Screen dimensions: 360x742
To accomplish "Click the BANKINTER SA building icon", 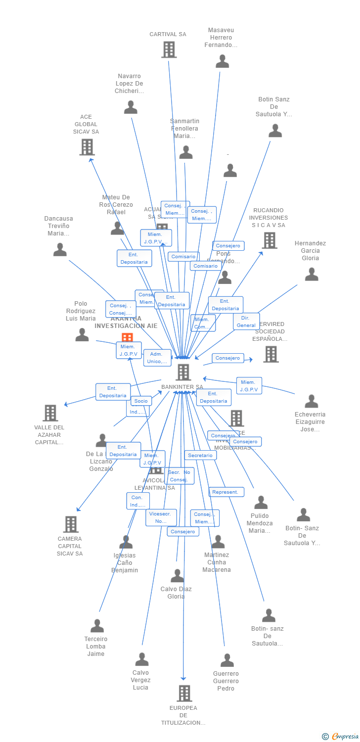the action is [183, 372].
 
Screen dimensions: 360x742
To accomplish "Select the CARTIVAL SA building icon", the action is [169, 49].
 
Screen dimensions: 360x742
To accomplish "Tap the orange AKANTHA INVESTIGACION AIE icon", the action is [127, 338].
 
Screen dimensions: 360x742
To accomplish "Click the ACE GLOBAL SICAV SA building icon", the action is [87, 147].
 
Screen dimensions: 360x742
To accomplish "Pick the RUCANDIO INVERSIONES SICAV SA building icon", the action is [270, 240].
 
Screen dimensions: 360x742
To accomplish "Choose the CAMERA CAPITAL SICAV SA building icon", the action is [71, 524].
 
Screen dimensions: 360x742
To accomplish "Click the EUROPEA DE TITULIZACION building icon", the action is [184, 693].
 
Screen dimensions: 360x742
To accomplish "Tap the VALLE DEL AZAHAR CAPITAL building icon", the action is [50, 413].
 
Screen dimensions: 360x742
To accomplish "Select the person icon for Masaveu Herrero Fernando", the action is [223, 61].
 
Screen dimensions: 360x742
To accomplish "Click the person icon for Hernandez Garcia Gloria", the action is [312, 274].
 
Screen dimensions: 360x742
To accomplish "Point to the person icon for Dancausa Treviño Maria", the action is [60, 250].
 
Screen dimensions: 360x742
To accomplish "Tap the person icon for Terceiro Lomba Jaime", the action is [97, 626].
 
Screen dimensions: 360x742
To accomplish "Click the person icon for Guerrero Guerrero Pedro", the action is [227, 660].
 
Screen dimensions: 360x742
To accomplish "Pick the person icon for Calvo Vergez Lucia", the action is [142, 659].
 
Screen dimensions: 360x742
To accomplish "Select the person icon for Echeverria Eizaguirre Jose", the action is [312, 401].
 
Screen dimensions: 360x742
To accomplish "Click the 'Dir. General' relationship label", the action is [246, 322].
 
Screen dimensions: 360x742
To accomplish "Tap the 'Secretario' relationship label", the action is [200, 455].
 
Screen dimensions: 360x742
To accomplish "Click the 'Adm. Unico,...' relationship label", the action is [157, 358].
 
